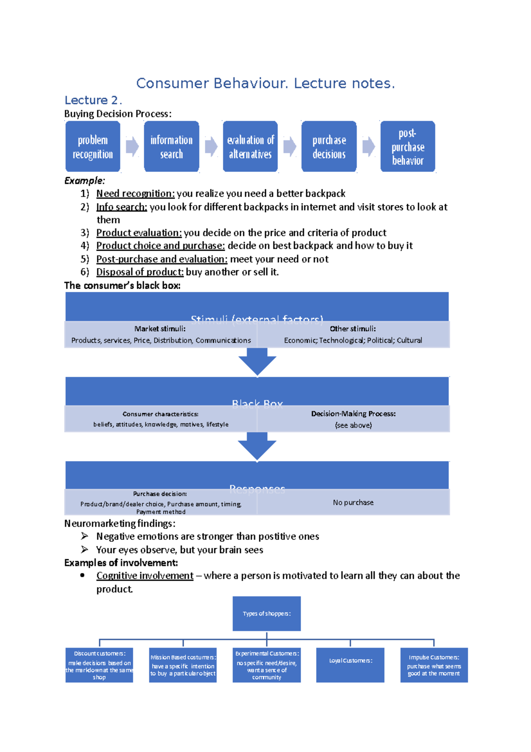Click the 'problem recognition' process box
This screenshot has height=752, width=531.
(92, 147)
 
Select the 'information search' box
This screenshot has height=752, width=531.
(171, 147)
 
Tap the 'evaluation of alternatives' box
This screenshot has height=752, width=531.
(250, 147)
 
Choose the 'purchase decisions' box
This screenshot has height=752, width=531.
(329, 147)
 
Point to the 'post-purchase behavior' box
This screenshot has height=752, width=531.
(408, 147)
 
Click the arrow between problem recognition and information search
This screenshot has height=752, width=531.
(132, 147)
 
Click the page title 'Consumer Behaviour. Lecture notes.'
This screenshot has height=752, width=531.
(265, 83)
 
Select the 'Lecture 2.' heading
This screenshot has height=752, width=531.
(93, 100)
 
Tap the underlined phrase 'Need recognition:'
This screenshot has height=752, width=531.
(135, 194)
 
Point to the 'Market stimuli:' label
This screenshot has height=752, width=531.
(160, 329)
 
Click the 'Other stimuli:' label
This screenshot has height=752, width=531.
(353, 329)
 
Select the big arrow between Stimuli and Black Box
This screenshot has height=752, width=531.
(257, 361)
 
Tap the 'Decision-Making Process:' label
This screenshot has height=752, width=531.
(353, 414)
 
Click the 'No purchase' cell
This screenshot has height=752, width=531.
(353, 502)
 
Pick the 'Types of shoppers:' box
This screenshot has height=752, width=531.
(266, 613)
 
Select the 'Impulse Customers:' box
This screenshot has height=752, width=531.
(434, 665)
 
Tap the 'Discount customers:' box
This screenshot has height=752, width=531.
(99, 665)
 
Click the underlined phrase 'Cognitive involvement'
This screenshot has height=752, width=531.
(145, 576)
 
